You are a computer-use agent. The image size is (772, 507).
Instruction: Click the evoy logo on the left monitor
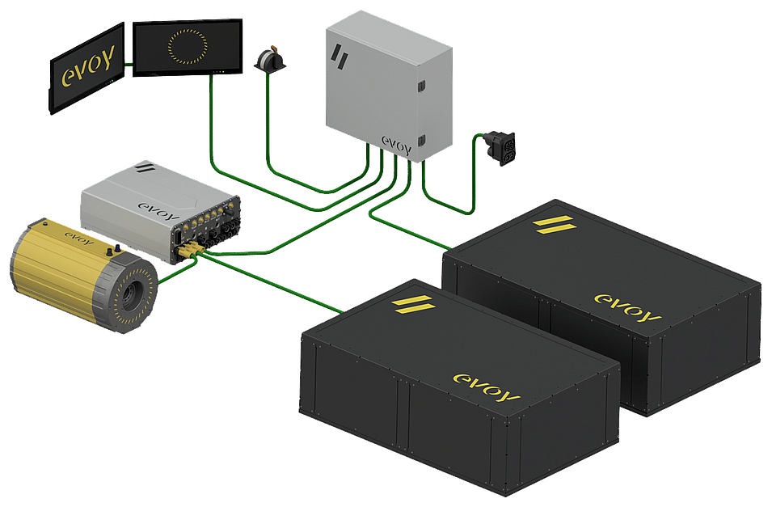(x=87, y=69)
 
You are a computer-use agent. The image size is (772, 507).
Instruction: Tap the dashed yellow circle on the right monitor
(x=187, y=47)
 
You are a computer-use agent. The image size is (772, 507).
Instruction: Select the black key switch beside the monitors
(x=270, y=59)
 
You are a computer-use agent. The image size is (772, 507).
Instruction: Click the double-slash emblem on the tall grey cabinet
(x=340, y=57)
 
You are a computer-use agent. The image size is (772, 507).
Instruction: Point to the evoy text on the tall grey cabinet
(x=397, y=146)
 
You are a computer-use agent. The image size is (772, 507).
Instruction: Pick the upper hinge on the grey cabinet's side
(x=421, y=87)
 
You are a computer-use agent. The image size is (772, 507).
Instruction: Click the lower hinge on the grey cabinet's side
(x=421, y=141)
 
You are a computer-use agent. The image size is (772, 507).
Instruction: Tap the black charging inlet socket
(x=500, y=147)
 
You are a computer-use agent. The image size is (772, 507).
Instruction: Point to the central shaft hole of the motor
(x=130, y=295)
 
